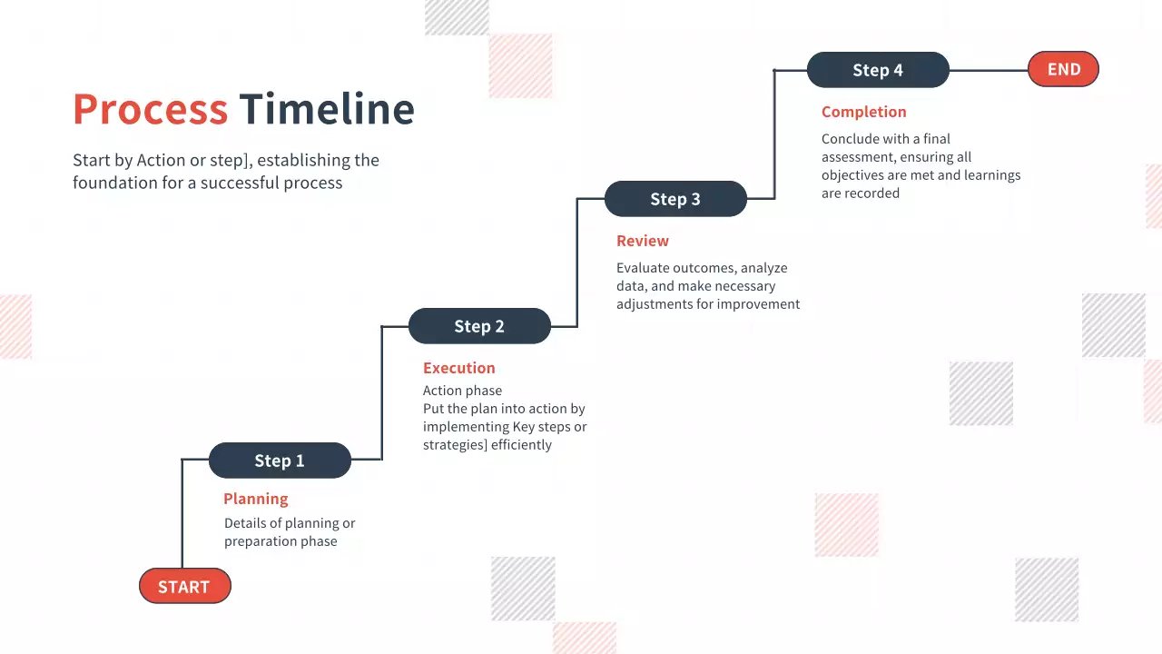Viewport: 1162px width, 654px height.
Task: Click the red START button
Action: click(184, 587)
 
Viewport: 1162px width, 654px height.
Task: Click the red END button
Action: click(1063, 70)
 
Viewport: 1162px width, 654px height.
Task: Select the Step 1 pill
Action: click(280, 461)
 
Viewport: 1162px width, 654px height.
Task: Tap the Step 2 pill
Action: click(479, 326)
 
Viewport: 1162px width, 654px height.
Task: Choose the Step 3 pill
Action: click(675, 199)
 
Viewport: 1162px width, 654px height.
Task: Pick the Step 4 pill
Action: click(878, 70)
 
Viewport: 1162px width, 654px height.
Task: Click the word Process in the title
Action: click(150, 109)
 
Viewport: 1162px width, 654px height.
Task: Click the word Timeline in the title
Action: click(327, 109)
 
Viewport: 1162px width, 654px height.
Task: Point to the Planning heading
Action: click(256, 499)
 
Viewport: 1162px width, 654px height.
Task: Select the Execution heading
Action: click(459, 368)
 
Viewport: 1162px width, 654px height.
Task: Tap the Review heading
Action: click(643, 241)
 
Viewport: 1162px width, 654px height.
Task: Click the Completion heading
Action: click(864, 112)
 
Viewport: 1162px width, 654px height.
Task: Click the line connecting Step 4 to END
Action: click(988, 70)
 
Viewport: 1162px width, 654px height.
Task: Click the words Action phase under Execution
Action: click(462, 391)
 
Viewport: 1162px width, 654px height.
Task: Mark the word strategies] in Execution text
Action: click(456, 445)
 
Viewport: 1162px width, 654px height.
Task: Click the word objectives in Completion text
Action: click(858, 175)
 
